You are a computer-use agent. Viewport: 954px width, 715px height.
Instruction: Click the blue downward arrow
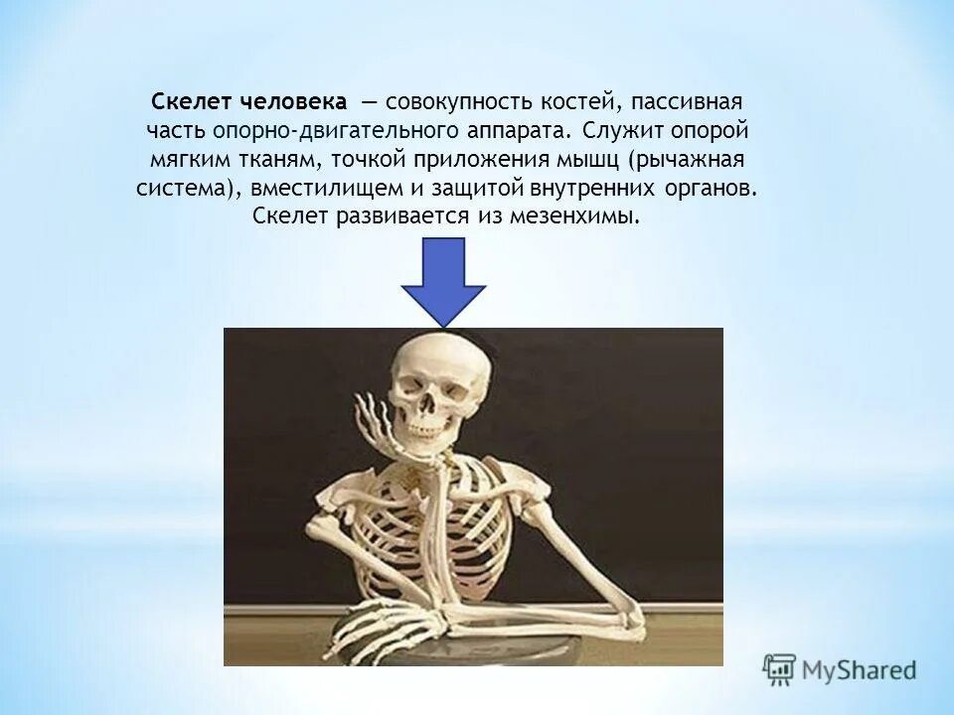[x=443, y=282]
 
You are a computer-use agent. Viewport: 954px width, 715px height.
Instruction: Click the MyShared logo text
[x=859, y=668]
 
